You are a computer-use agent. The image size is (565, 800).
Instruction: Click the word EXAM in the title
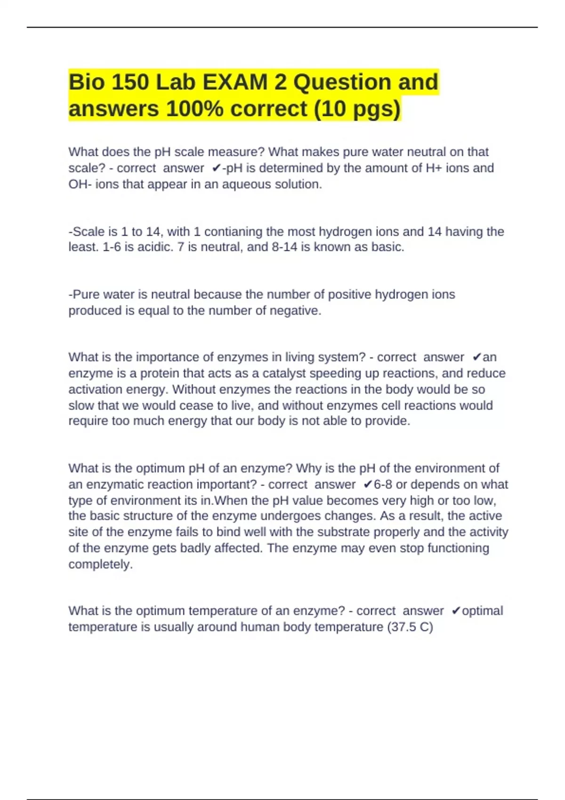(x=235, y=82)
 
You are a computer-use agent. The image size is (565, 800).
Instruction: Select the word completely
(x=100, y=564)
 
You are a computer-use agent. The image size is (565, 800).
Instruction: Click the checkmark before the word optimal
(x=455, y=611)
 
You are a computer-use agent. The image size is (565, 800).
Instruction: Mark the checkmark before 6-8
(x=368, y=484)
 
